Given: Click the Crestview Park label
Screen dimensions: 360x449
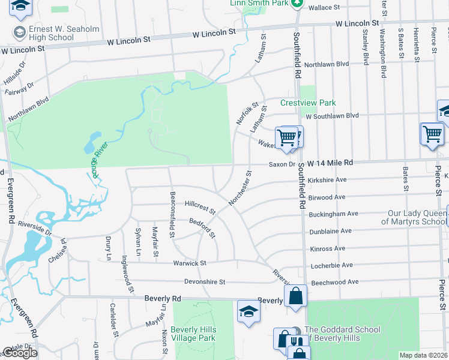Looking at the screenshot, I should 308,103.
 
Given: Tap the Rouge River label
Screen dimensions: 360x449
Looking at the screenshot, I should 93,158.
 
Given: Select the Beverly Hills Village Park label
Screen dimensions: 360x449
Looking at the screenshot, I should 193,334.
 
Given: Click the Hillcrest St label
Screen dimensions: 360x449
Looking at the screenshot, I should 200,208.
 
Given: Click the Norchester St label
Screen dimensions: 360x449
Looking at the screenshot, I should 240,188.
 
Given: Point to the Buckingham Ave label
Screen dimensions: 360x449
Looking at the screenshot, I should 333,214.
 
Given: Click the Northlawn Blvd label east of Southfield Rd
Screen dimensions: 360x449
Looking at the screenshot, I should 327,64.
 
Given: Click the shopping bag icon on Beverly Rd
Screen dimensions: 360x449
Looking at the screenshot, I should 296,296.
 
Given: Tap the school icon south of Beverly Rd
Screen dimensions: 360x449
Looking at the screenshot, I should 248,311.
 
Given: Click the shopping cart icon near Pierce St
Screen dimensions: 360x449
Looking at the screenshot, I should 432,134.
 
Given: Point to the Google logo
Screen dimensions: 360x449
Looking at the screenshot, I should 20,353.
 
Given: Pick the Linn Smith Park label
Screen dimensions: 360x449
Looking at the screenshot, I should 259,4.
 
